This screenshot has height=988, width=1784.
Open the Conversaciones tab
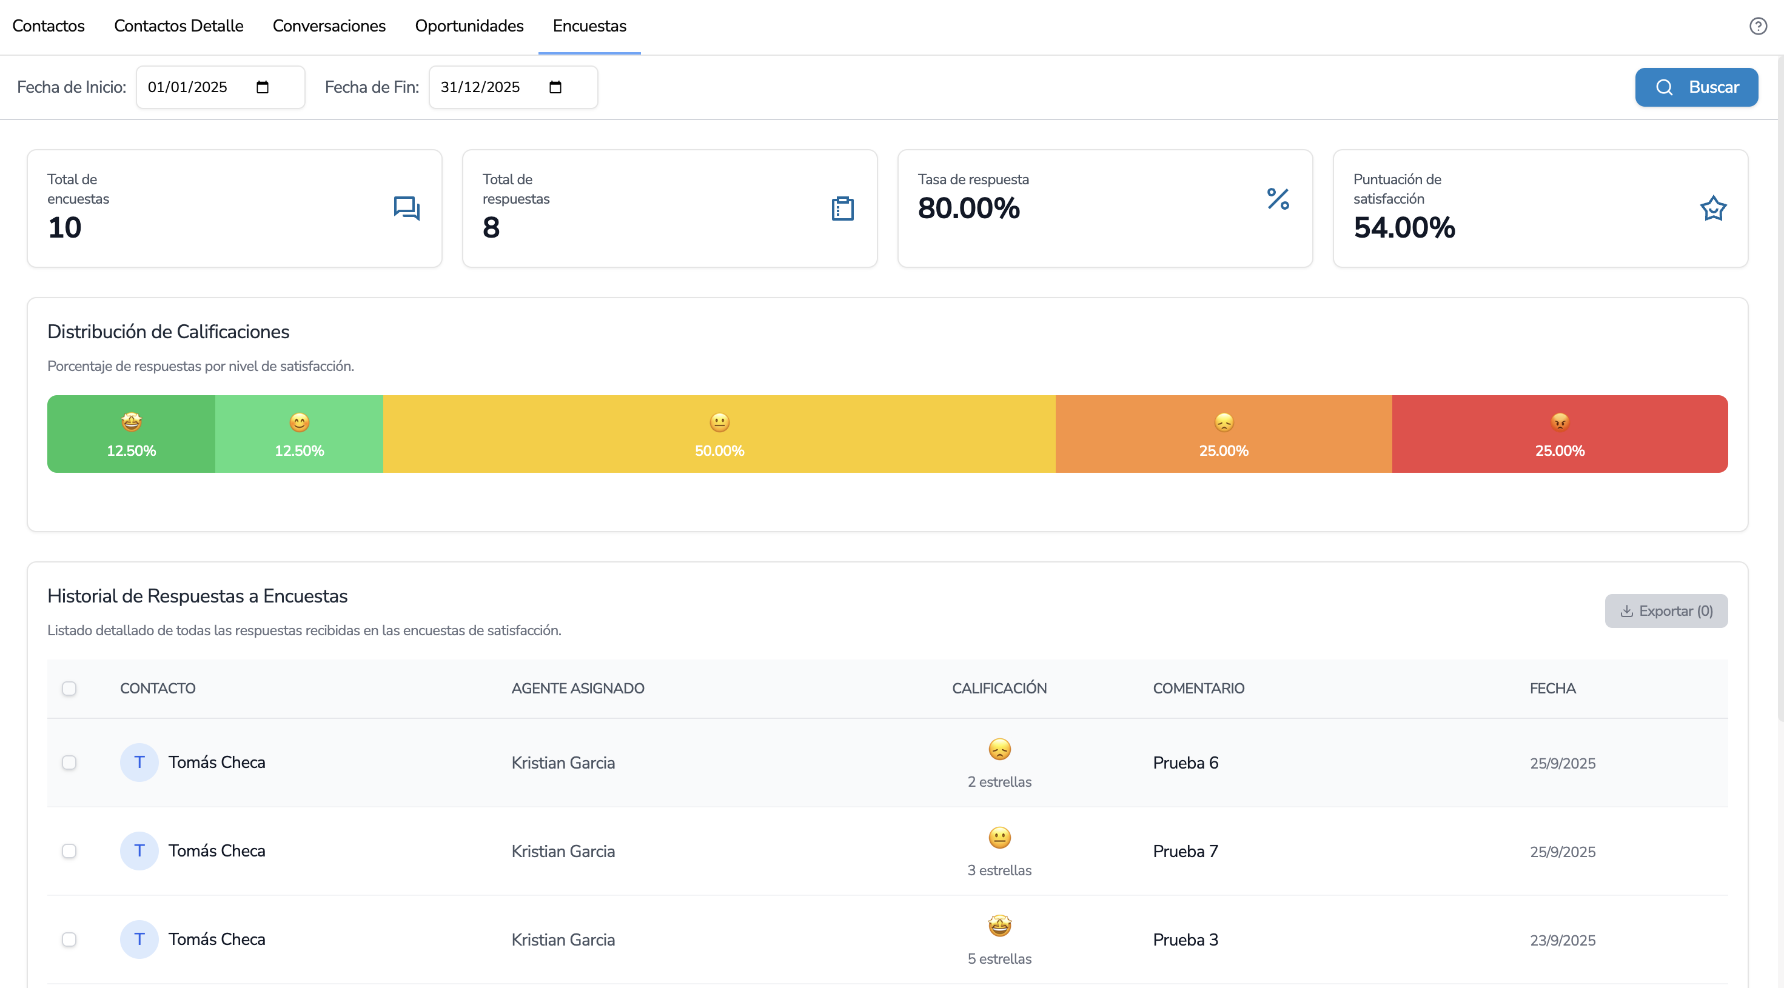tap(329, 26)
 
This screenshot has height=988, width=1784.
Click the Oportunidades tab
tap(469, 26)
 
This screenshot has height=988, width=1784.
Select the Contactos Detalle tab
tap(179, 26)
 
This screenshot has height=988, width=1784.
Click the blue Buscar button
tap(1696, 87)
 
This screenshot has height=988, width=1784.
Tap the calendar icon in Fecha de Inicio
tap(263, 87)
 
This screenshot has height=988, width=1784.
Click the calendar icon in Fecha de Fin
tap(555, 87)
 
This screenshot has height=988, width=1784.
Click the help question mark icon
tap(1758, 26)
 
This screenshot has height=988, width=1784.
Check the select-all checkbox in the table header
tap(69, 688)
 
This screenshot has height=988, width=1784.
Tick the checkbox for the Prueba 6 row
tap(69, 763)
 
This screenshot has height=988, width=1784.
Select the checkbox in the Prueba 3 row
tap(69, 940)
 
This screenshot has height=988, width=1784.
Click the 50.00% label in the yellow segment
tap(720, 451)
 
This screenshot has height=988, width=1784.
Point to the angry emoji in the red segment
tap(1560, 422)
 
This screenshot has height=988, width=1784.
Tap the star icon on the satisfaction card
tap(1712, 209)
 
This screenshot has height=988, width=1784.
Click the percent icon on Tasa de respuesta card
tap(1278, 199)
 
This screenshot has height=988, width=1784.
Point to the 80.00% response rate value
tap(969, 209)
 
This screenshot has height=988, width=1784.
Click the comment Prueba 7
tap(1185, 851)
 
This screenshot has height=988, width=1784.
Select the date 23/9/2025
tap(1563, 940)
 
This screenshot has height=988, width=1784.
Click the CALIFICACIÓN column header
tap(999, 688)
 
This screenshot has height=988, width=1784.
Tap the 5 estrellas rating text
tap(999, 959)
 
